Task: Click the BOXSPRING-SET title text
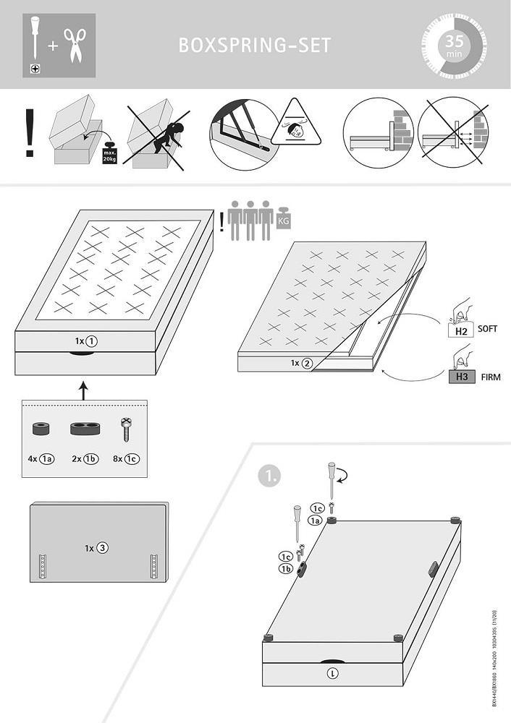[255, 46]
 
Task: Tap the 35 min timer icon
[453, 46]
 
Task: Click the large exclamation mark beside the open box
[30, 134]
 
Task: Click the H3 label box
[461, 376]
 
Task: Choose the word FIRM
[490, 377]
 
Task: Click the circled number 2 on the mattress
[308, 364]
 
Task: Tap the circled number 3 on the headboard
[103, 548]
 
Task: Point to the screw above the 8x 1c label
[124, 432]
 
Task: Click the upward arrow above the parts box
[84, 391]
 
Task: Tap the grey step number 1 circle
[269, 476]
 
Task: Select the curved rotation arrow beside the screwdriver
[344, 474]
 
